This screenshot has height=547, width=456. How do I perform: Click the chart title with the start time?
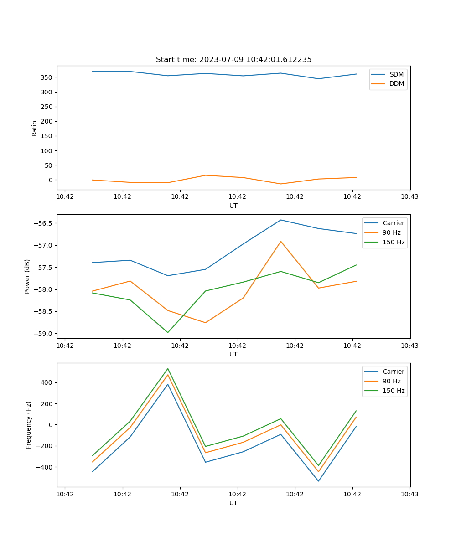[x=233, y=60]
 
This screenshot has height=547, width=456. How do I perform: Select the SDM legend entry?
[x=396, y=74]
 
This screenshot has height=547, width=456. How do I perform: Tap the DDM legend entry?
[x=396, y=84]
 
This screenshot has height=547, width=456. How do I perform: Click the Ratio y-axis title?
[x=35, y=128]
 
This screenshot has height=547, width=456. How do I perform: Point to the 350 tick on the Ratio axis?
[x=47, y=77]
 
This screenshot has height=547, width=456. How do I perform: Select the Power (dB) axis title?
[x=28, y=276]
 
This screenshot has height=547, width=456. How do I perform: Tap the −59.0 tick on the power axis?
[x=44, y=334]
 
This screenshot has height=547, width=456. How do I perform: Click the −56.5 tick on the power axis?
[x=44, y=223]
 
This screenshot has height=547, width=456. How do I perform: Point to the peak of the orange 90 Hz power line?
[x=281, y=242]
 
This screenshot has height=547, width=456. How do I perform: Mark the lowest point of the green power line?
[x=168, y=332]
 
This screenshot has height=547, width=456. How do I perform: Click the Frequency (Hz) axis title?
[x=29, y=425]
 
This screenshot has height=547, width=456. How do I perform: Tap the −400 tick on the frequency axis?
[x=45, y=467]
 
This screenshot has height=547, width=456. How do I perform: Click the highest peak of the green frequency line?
[x=168, y=369]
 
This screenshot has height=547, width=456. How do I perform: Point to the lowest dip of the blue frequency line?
[x=318, y=481]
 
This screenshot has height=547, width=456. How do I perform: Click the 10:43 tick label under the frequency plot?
[x=410, y=494]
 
